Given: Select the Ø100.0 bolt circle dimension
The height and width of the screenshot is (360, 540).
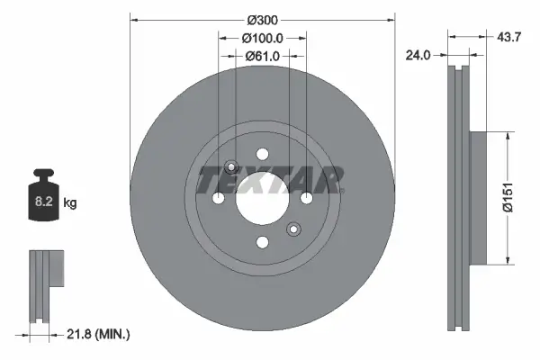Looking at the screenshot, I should point(262,38).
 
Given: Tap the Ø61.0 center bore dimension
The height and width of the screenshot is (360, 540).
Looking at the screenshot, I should point(262,56).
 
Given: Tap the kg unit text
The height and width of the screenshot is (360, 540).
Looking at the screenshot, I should point(70,203).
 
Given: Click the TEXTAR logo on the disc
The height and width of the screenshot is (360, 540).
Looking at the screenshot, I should point(269,179).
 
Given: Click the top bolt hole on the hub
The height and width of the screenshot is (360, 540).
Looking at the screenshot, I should point(262,154).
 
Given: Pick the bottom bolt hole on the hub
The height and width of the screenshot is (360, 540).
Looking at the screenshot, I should point(262,242).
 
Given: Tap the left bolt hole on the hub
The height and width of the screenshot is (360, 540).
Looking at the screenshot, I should point(218,198).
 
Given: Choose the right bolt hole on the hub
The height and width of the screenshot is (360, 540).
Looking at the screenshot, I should point(306,198).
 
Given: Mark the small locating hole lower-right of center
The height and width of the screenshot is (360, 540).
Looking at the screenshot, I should point(292,229).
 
